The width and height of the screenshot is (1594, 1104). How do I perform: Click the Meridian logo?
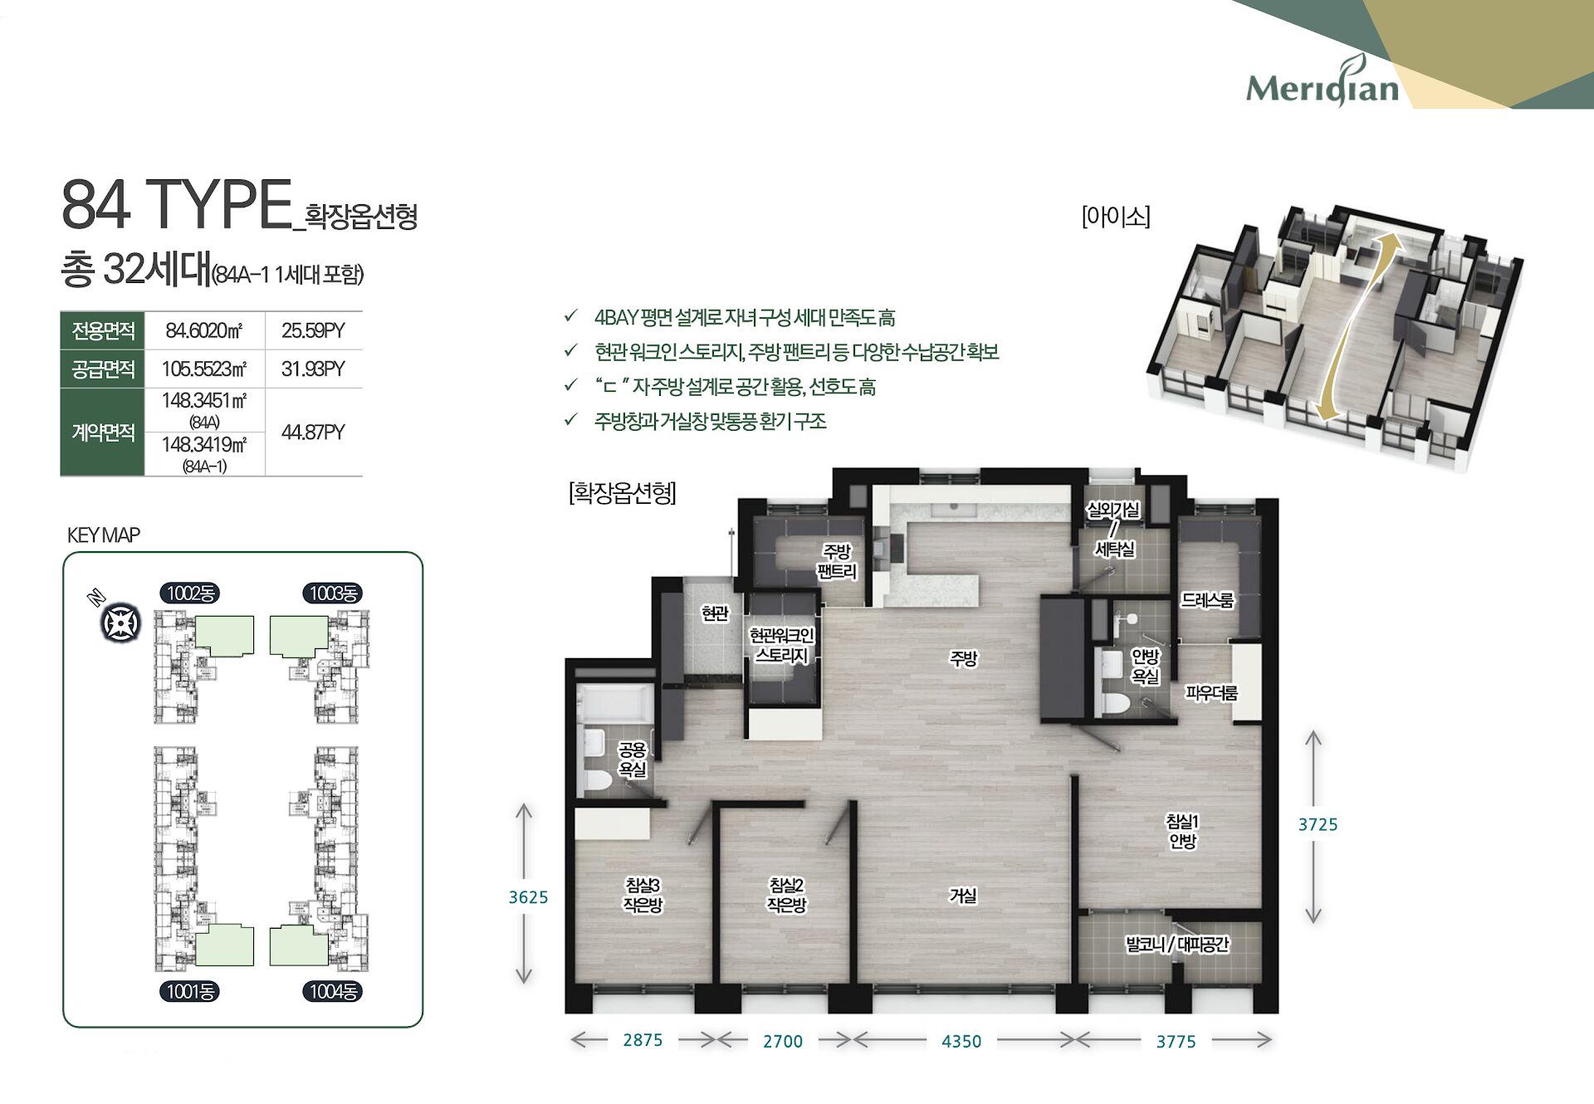1322,84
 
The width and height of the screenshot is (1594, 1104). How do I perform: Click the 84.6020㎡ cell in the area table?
204,330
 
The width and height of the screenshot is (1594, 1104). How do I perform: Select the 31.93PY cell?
313,369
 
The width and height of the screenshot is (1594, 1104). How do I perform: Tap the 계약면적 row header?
103,432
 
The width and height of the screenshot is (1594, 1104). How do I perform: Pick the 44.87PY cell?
313,432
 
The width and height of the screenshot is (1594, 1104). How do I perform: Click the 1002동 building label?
190,593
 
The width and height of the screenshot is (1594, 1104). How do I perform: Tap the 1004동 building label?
332,991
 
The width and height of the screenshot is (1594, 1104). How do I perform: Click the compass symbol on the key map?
120,623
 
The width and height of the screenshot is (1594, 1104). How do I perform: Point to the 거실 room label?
963,896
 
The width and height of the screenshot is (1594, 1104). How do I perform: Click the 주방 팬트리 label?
837,561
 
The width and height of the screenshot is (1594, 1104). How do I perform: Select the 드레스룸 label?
1207,599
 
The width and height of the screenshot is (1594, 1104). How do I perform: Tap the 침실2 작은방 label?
785,895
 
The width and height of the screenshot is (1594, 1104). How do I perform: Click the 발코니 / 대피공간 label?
1176,944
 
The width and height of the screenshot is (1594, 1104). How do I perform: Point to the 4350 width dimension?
961,1041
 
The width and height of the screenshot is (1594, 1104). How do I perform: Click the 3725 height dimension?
1318,824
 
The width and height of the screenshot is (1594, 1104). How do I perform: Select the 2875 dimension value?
643,1040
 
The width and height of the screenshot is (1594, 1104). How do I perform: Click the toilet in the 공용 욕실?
597,780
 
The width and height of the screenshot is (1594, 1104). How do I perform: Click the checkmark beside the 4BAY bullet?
570,316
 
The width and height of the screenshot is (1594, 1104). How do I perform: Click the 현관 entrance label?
715,613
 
